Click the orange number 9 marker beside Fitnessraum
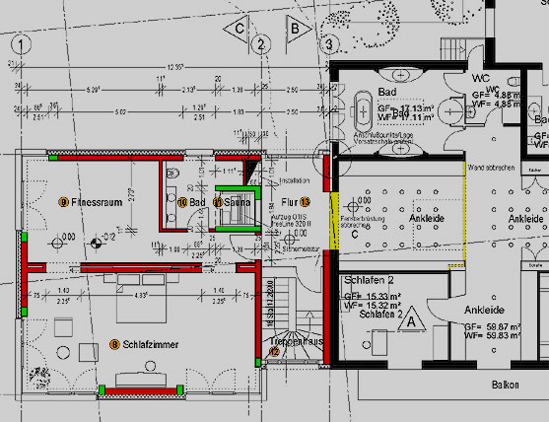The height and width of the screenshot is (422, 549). pyautogui.click(x=63, y=202)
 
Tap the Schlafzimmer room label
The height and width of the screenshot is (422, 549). pyautogui.click(x=149, y=344)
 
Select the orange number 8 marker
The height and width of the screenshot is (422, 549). pyautogui.click(x=114, y=344)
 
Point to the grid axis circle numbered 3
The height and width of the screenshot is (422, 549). pyautogui.click(x=328, y=44)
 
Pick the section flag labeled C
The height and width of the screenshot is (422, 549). pyautogui.click(x=238, y=30)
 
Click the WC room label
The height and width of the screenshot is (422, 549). pyautogui.click(x=481, y=76)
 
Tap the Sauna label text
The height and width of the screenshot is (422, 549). pyautogui.click(x=237, y=202)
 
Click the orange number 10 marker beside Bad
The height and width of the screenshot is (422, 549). pyautogui.click(x=183, y=202)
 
